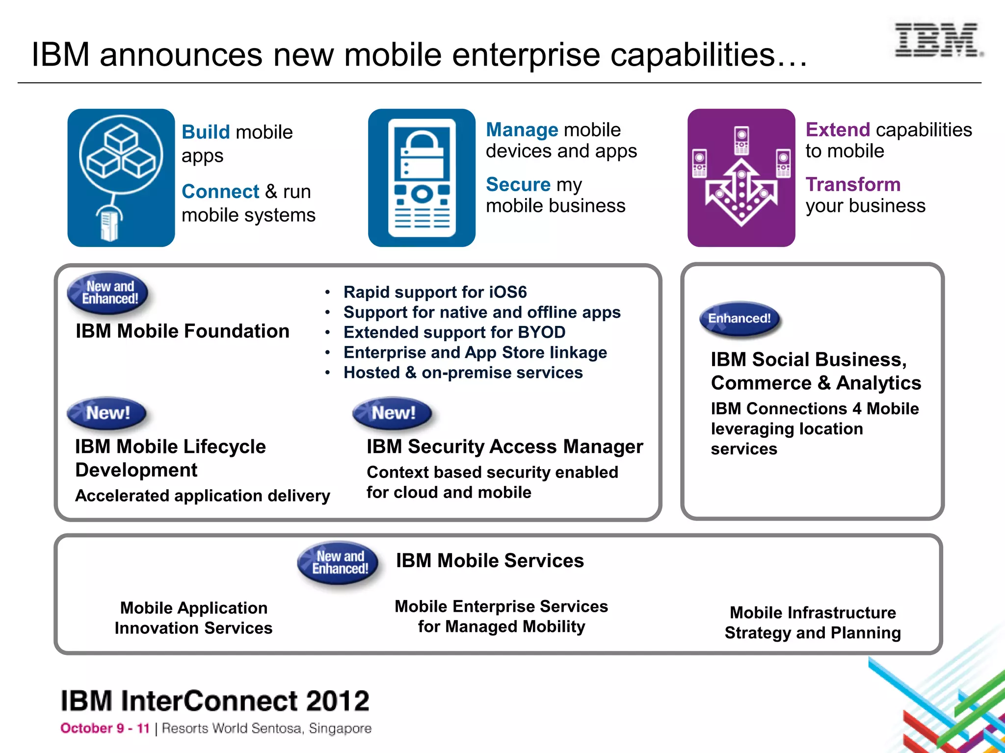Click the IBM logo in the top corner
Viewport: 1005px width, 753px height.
(x=937, y=40)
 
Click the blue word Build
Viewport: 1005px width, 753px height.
(x=205, y=132)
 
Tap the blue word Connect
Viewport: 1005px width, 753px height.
(x=220, y=192)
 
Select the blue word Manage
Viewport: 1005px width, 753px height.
(x=522, y=130)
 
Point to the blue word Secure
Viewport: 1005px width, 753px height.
(x=518, y=185)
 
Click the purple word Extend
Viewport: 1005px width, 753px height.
(x=838, y=130)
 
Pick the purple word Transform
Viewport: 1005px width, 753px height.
(x=853, y=185)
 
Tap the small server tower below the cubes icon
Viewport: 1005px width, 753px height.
(x=109, y=224)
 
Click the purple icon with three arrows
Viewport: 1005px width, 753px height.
(x=741, y=178)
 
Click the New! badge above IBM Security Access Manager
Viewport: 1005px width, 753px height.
(x=393, y=413)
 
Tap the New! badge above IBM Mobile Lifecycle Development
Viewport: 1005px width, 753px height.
(x=107, y=413)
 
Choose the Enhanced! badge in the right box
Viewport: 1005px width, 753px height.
(x=739, y=319)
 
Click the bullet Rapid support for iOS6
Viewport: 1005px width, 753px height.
(x=435, y=292)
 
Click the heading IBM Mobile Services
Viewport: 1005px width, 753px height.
(x=490, y=561)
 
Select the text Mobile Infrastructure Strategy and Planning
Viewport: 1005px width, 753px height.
(x=813, y=623)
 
